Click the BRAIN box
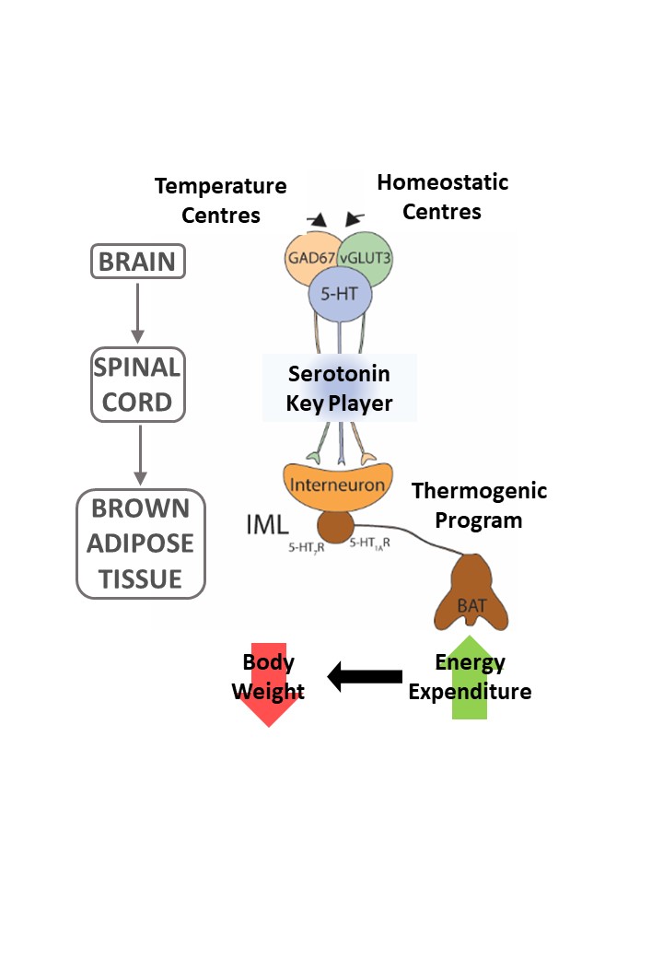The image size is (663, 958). [137, 262]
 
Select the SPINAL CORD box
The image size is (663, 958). [137, 385]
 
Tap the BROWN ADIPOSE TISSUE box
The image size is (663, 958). [140, 543]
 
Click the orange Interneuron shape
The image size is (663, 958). [337, 484]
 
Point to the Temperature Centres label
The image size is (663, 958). [220, 201]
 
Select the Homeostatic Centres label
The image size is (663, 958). [442, 197]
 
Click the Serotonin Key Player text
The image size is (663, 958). [340, 389]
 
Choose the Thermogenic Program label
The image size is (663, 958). [478, 506]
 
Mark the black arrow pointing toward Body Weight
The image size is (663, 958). [366, 677]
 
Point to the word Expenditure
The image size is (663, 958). [470, 692]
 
